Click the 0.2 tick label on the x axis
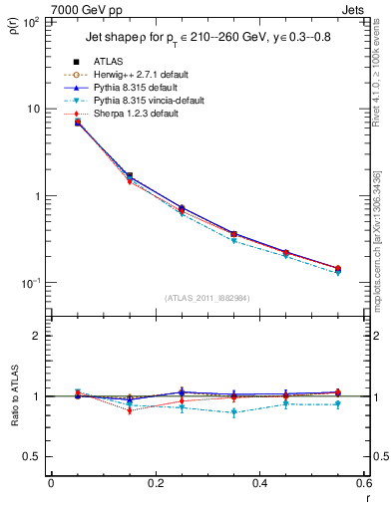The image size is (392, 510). click(x=155, y=485)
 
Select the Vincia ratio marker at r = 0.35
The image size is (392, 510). click(x=234, y=411)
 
